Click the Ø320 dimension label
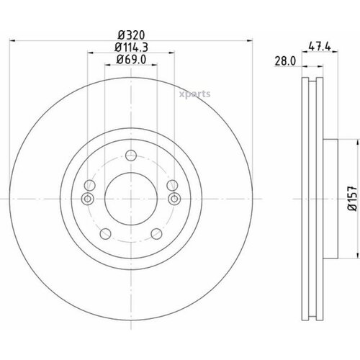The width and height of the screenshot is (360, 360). (x=131, y=35)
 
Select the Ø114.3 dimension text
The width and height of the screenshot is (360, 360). (x=131, y=48)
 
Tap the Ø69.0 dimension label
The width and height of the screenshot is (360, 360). (x=131, y=59)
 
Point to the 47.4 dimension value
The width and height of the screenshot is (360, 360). (x=320, y=46)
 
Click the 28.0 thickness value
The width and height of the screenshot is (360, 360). (x=285, y=61)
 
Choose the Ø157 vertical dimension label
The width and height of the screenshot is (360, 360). (x=352, y=198)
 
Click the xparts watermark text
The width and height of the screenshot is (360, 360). (x=194, y=94)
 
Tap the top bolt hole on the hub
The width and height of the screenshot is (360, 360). (x=131, y=156)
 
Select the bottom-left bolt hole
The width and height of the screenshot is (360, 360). (x=105, y=234)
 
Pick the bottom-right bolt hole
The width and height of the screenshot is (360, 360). (x=156, y=234)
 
